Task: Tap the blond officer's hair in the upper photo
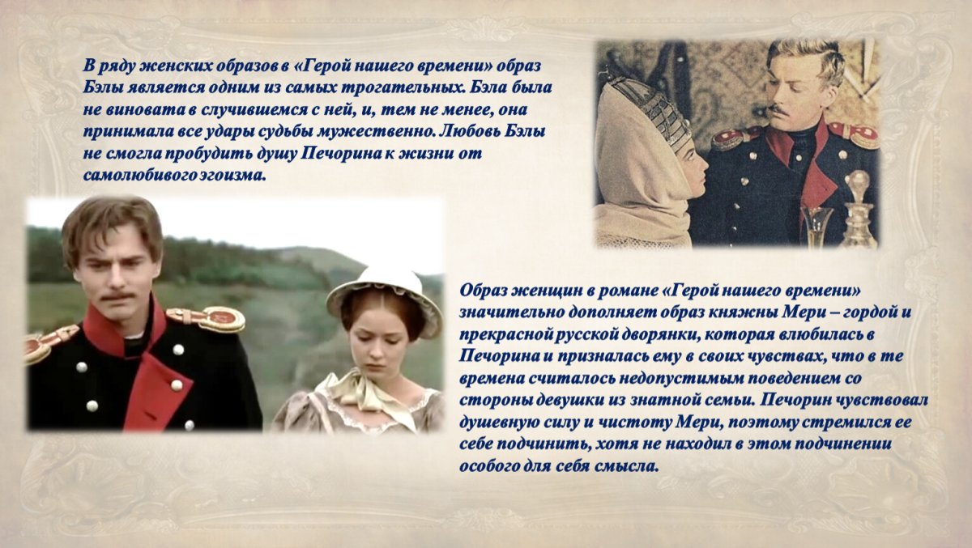(x=802, y=57)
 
